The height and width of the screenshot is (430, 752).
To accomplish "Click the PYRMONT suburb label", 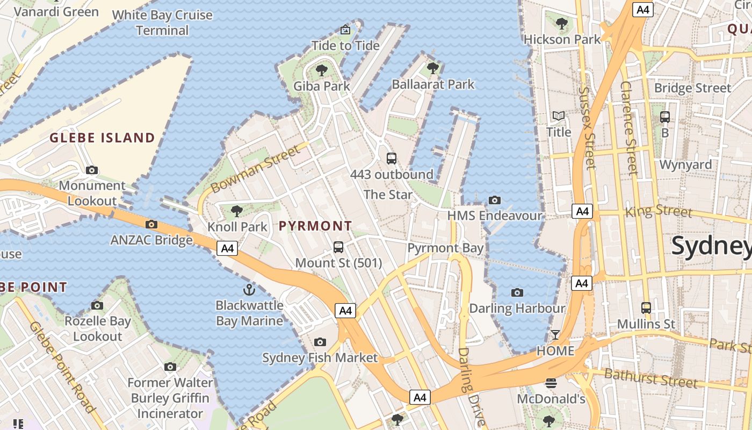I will point(315,226).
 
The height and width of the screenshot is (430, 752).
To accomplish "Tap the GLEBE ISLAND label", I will point(102,138).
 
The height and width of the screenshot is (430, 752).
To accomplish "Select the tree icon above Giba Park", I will point(322,70).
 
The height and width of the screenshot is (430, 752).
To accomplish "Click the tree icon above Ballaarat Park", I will point(432,68).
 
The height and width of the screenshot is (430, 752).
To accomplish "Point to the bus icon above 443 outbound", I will point(392,159).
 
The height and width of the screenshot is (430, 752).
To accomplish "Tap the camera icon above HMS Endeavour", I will point(495,200).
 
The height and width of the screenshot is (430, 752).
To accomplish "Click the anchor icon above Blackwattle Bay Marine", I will point(249,290).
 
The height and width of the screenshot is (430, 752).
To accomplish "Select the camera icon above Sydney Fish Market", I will point(320,342).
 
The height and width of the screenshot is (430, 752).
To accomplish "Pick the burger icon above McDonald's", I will point(551,383).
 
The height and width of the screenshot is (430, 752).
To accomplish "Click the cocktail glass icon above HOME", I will point(555,335).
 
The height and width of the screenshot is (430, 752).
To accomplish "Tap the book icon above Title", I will point(559,116).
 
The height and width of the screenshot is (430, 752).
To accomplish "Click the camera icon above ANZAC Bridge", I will point(151,224).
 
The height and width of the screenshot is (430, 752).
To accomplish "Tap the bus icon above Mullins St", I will point(646,308).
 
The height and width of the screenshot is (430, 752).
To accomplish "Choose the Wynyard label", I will point(685,164).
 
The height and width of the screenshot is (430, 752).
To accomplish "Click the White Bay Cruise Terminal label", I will point(162,23).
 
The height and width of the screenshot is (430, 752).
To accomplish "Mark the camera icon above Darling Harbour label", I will point(517,292).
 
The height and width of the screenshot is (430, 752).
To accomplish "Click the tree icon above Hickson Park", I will point(562,24).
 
